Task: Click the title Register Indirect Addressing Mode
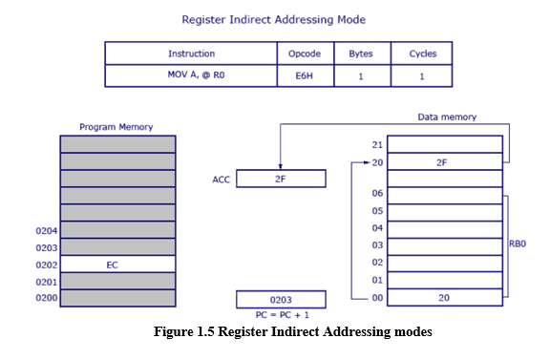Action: [x=274, y=18]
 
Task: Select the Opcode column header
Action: [x=305, y=53]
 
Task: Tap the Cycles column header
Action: [x=422, y=53]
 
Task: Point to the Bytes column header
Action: [x=361, y=53]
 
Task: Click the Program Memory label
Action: [x=116, y=127]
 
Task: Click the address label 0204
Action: [x=46, y=230]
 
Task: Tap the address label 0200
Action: [x=46, y=298]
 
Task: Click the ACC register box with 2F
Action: [x=281, y=179]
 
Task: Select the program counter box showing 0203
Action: [x=281, y=298]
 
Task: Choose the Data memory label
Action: [x=447, y=117]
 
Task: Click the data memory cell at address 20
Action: [x=440, y=161]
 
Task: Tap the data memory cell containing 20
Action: [x=440, y=297]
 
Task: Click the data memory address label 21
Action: [x=377, y=144]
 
